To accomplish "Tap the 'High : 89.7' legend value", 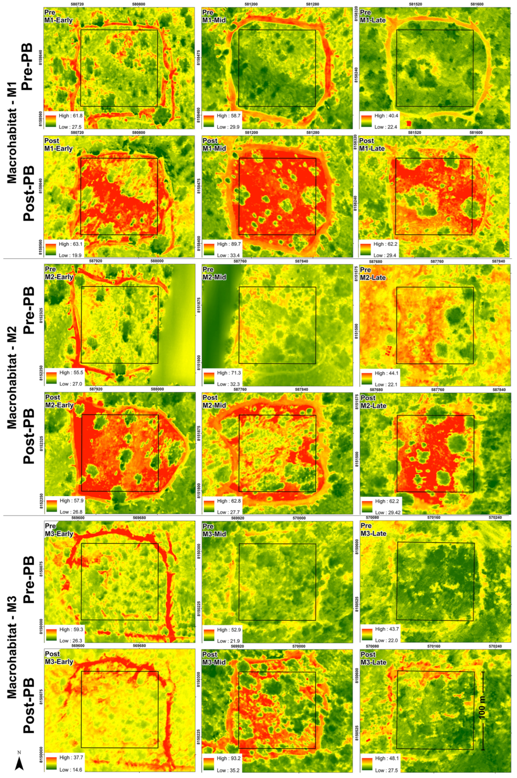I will (228, 244).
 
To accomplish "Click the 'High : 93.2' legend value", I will (228, 758).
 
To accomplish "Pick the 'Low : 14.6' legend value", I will (70, 770).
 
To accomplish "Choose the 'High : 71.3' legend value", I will (228, 373).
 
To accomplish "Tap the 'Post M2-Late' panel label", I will (373, 402).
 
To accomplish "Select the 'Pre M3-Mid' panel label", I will (214, 530).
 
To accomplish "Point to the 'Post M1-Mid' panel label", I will (214, 145).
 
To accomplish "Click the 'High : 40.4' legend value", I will (386, 116).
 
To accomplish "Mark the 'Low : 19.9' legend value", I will (70, 255).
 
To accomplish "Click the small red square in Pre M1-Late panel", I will (409, 123).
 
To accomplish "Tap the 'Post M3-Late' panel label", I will (373, 658).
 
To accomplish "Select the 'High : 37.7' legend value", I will (71, 758).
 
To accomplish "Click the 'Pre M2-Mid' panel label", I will (214, 273).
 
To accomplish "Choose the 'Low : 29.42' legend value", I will (388, 513).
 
